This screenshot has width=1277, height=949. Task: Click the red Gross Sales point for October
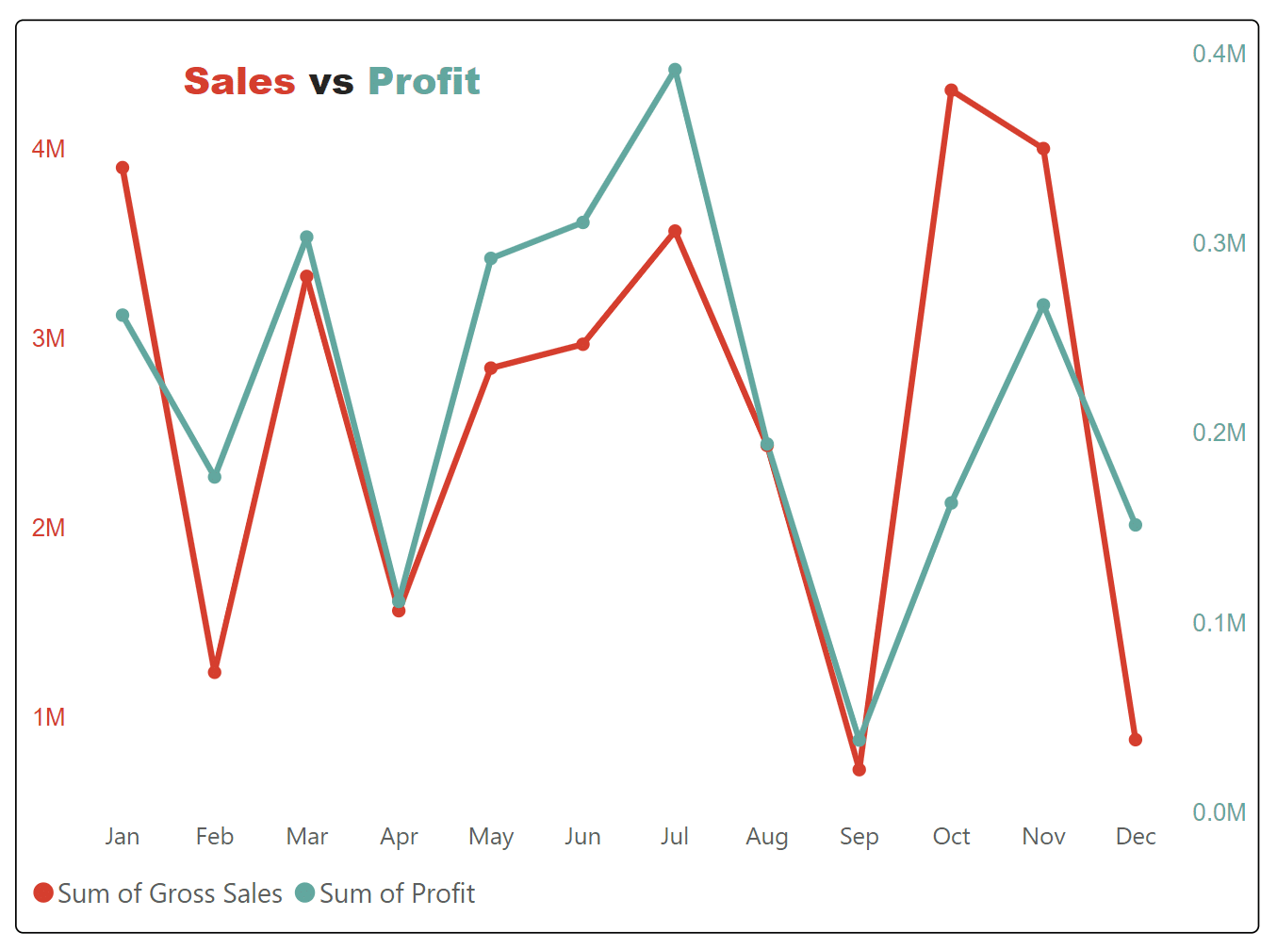tap(951, 90)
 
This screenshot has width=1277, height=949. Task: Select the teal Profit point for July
tap(675, 70)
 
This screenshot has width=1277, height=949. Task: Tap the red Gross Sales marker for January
tap(123, 168)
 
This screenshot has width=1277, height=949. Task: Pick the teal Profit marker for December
tap(1136, 525)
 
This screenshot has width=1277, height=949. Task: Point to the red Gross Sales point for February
tap(215, 672)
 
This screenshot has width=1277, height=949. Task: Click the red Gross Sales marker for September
tap(860, 770)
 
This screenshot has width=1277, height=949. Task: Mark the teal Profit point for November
tap(1043, 305)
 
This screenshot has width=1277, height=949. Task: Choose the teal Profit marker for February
tap(215, 477)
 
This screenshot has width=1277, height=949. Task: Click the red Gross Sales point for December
tap(1136, 740)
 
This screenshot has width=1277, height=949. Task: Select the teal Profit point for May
tap(491, 258)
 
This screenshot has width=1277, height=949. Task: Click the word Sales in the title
tap(239, 82)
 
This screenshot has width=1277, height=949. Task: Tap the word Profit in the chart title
tap(424, 82)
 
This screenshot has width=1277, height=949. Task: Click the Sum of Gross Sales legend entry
tap(158, 893)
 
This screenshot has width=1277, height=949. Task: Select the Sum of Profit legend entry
tap(385, 893)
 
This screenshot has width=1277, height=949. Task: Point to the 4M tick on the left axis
tap(49, 149)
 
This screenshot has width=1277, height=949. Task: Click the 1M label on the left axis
tap(49, 717)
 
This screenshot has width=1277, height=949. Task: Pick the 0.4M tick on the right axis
tap(1219, 54)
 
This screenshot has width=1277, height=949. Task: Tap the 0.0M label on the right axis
tap(1219, 812)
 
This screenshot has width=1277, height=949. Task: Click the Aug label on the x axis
tap(767, 837)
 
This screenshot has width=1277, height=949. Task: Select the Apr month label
tap(399, 837)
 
